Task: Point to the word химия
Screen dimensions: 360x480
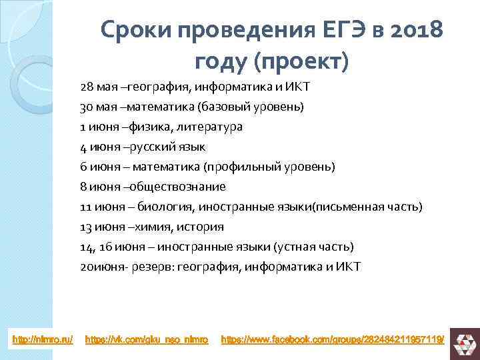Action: pos(150,227)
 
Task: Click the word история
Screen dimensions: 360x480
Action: pos(200,227)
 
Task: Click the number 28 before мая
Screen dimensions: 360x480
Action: pos(87,87)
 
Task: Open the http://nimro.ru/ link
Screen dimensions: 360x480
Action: pos(41,341)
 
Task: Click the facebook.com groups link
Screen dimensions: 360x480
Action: pos(332,341)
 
